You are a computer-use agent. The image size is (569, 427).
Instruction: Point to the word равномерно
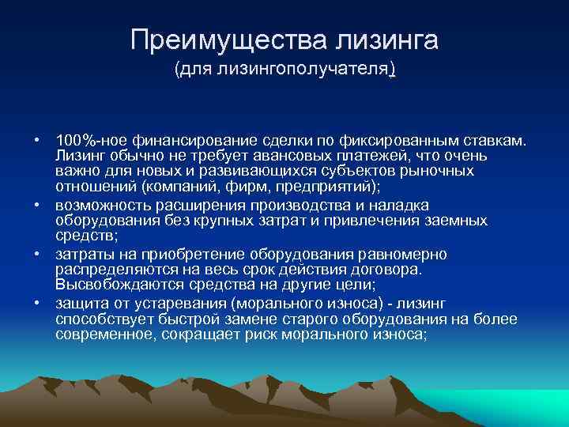coord(403,255)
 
